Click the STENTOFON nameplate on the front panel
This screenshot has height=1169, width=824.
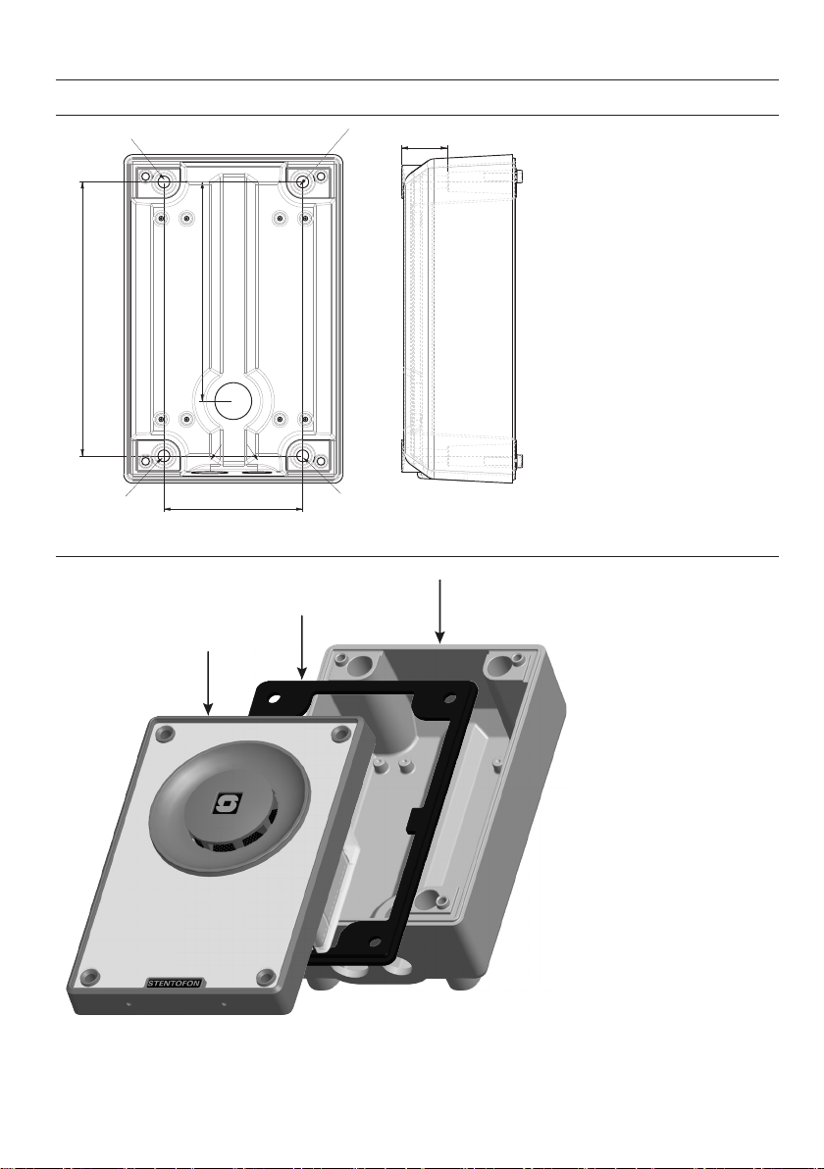point(175,983)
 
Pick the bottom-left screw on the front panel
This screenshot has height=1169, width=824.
point(90,977)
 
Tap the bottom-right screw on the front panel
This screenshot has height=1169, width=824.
point(266,978)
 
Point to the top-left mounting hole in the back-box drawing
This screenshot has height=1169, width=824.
point(164,181)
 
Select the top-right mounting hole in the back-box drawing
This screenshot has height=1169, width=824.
point(303,181)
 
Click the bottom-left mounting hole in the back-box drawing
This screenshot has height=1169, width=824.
point(164,455)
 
